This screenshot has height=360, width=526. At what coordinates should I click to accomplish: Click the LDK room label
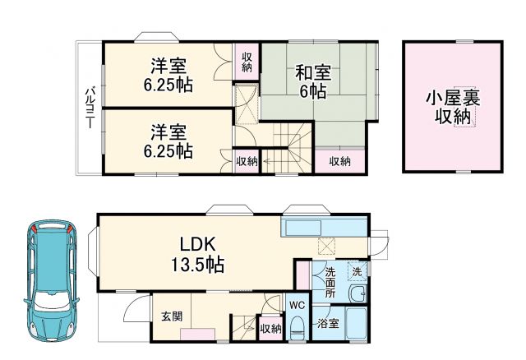click(x=200, y=244)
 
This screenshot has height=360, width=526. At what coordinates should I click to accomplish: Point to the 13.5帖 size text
click(x=200, y=265)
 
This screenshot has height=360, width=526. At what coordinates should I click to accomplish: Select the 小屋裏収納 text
click(x=452, y=107)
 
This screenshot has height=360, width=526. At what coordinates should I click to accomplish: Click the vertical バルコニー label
click(x=88, y=107)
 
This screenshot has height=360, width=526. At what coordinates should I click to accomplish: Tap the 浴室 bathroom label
click(x=328, y=324)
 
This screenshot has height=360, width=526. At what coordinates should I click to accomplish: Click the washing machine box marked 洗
click(x=357, y=270)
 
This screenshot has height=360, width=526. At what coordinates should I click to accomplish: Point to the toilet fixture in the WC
click(x=297, y=326)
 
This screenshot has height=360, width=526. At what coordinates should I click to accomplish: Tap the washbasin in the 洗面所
click(x=358, y=295)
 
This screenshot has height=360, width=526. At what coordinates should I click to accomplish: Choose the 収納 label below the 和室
click(x=340, y=161)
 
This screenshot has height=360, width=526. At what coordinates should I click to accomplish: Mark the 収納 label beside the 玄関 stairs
click(x=270, y=328)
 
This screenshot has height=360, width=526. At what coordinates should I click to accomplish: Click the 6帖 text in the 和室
click(x=311, y=92)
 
